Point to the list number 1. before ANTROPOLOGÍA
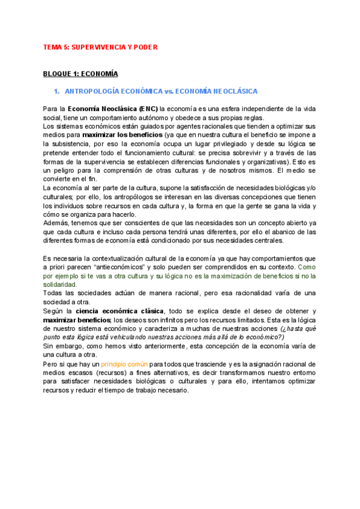coord(58,91)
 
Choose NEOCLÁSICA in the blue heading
coord(233,91)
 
